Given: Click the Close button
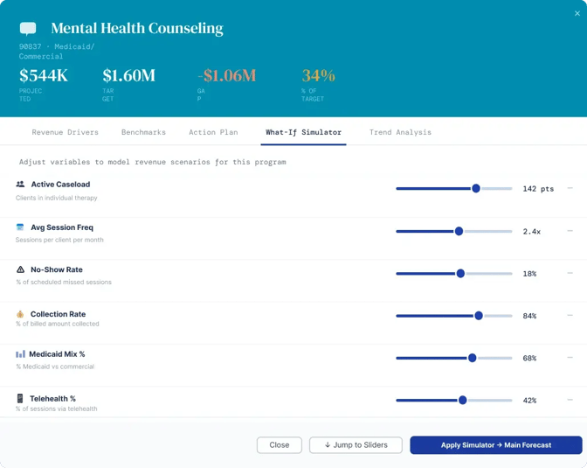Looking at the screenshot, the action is coord(280,445).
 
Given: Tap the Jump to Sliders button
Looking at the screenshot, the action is coord(356,445).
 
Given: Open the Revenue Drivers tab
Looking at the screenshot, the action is coord(66,132).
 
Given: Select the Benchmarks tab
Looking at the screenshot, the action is coord(143,132).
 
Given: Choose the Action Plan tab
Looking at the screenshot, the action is coord(213,132).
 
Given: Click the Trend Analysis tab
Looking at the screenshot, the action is coord(400,132).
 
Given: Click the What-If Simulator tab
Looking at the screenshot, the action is coord(303,132).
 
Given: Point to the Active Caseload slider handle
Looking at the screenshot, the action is coord(476,188).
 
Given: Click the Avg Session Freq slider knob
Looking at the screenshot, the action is coord(459,231).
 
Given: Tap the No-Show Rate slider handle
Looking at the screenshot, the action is coord(460,274).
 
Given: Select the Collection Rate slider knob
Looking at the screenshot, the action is coord(479,316).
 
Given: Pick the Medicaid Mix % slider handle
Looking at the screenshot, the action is coord(472,358).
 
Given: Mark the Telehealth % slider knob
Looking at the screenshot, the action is coord(462,400).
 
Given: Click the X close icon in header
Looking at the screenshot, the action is coord(577,13).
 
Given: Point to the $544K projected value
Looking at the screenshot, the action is coord(44,75).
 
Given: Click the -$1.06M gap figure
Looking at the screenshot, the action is coord(227,75).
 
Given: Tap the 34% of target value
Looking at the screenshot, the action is coord(319,75).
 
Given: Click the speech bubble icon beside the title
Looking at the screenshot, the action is coord(28,29).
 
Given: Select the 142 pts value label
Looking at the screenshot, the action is coord(538,189).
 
